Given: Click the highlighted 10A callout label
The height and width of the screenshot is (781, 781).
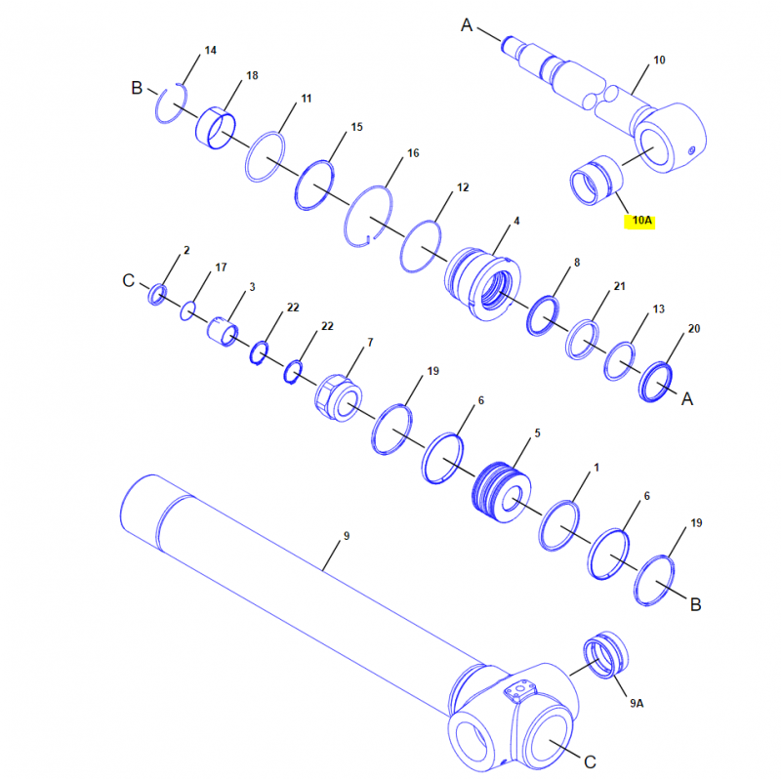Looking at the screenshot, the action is pyautogui.click(x=640, y=221).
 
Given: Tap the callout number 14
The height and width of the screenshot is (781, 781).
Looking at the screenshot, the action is pyautogui.click(x=210, y=51).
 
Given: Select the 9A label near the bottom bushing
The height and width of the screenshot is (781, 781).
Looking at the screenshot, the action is pyautogui.click(x=637, y=703).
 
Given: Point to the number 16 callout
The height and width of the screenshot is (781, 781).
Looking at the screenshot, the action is pyautogui.click(x=413, y=153).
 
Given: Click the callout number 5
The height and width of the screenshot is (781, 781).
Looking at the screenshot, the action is pyautogui.click(x=537, y=433).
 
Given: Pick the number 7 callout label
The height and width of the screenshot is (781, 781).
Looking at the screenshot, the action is pyautogui.click(x=370, y=343).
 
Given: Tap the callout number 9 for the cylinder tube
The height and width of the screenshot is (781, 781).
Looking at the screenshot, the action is pyautogui.click(x=347, y=536).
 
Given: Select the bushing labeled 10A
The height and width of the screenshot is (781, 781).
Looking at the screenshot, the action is pyautogui.click(x=596, y=181).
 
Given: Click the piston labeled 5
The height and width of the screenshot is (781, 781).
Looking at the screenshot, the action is pyautogui.click(x=501, y=492).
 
